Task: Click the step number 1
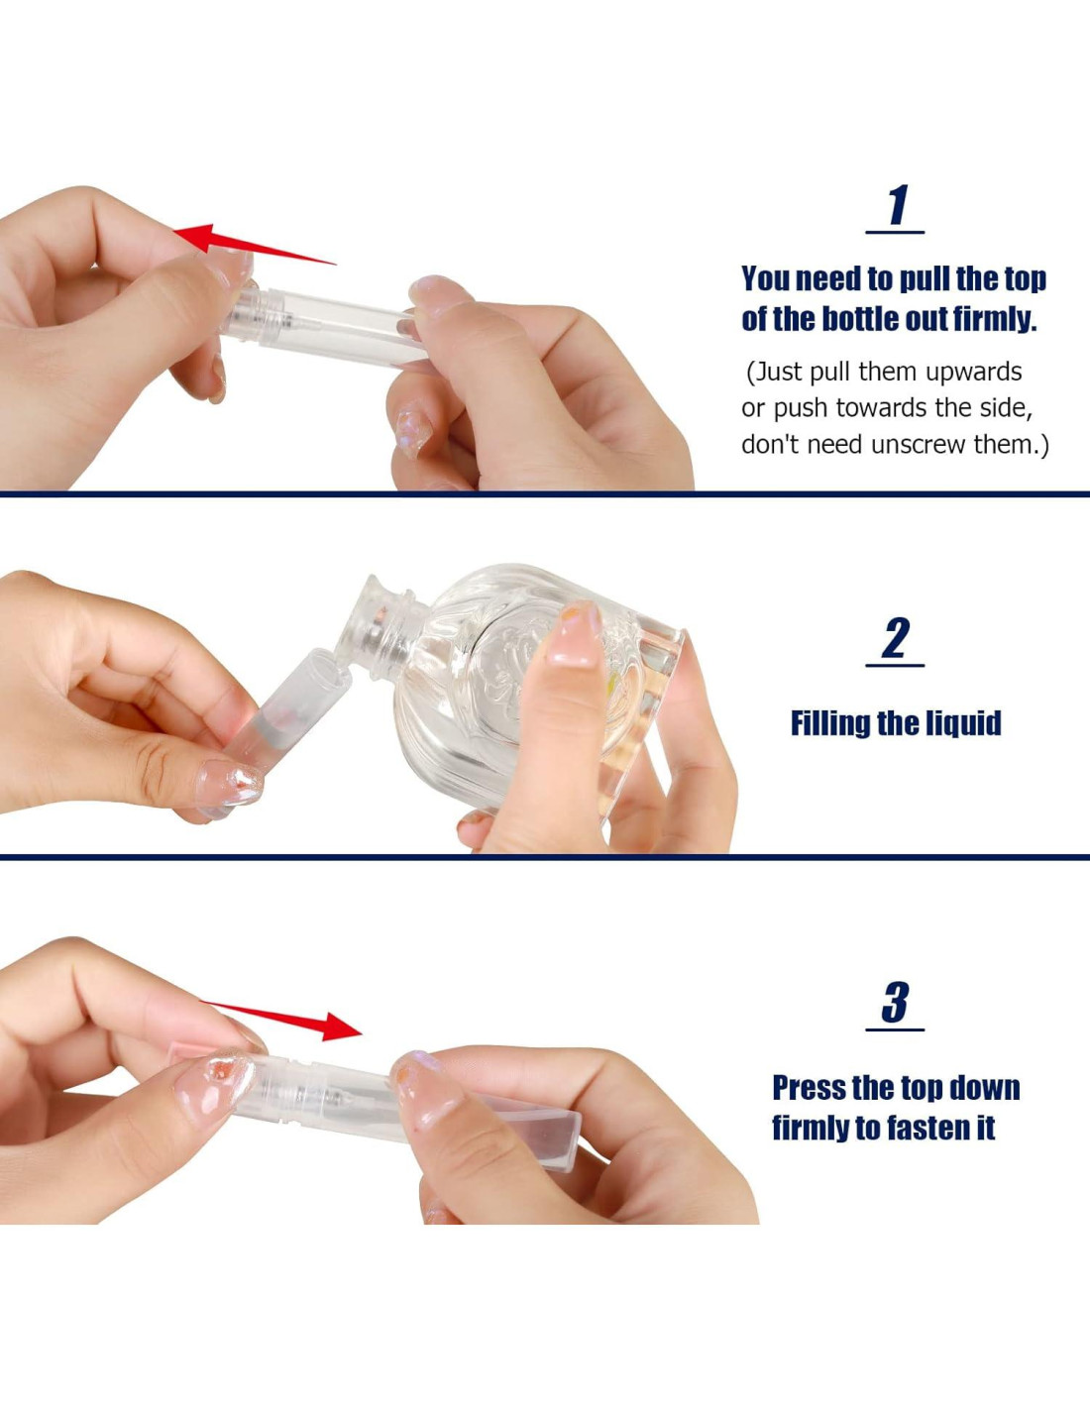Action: (898, 205)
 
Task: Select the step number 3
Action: (896, 1002)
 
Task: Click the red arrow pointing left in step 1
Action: (255, 244)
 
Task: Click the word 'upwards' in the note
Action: (973, 373)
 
